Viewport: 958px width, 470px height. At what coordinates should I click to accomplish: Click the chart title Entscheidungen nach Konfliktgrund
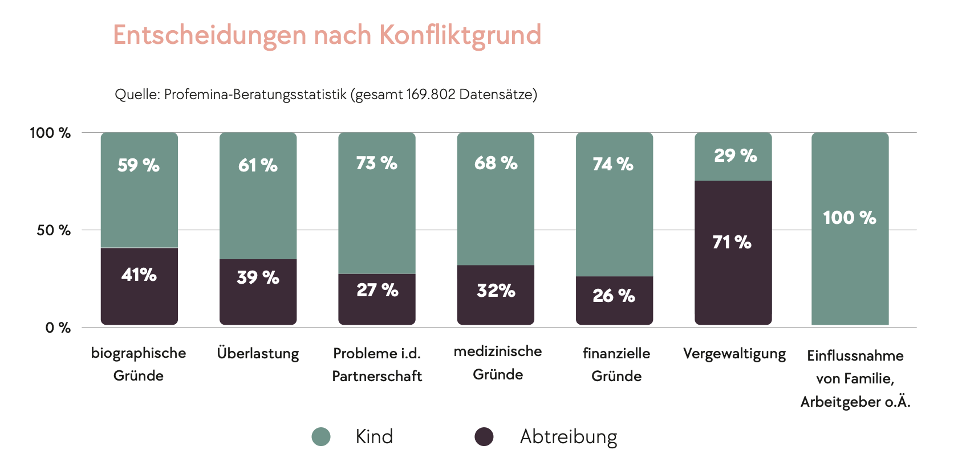pyautogui.click(x=327, y=35)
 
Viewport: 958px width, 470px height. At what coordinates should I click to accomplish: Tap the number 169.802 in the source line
pyautogui.click(x=431, y=95)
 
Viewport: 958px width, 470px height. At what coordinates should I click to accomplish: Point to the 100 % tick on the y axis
pyautogui.click(x=50, y=133)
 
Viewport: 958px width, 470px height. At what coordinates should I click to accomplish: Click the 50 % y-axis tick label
pyautogui.click(x=54, y=231)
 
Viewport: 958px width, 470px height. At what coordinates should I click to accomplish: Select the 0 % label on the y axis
pyautogui.click(x=58, y=328)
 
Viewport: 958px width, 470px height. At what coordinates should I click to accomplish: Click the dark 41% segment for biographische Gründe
pyautogui.click(x=139, y=286)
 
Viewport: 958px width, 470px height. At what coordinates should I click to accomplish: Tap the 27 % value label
pyautogui.click(x=377, y=291)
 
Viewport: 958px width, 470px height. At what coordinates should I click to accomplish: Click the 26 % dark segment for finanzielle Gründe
pyautogui.click(x=614, y=300)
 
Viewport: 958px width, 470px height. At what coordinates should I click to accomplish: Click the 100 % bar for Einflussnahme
pyautogui.click(x=850, y=228)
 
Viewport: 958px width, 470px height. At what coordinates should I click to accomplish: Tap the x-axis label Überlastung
pyautogui.click(x=258, y=354)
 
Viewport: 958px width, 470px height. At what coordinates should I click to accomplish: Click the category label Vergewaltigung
pyautogui.click(x=734, y=354)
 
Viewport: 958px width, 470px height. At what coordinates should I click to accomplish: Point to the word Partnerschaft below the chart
pyautogui.click(x=377, y=377)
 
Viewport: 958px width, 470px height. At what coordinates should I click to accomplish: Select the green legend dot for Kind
pyautogui.click(x=321, y=437)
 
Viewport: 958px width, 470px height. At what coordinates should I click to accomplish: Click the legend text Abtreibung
pyautogui.click(x=569, y=437)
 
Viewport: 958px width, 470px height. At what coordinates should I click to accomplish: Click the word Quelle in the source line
pyautogui.click(x=137, y=95)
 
